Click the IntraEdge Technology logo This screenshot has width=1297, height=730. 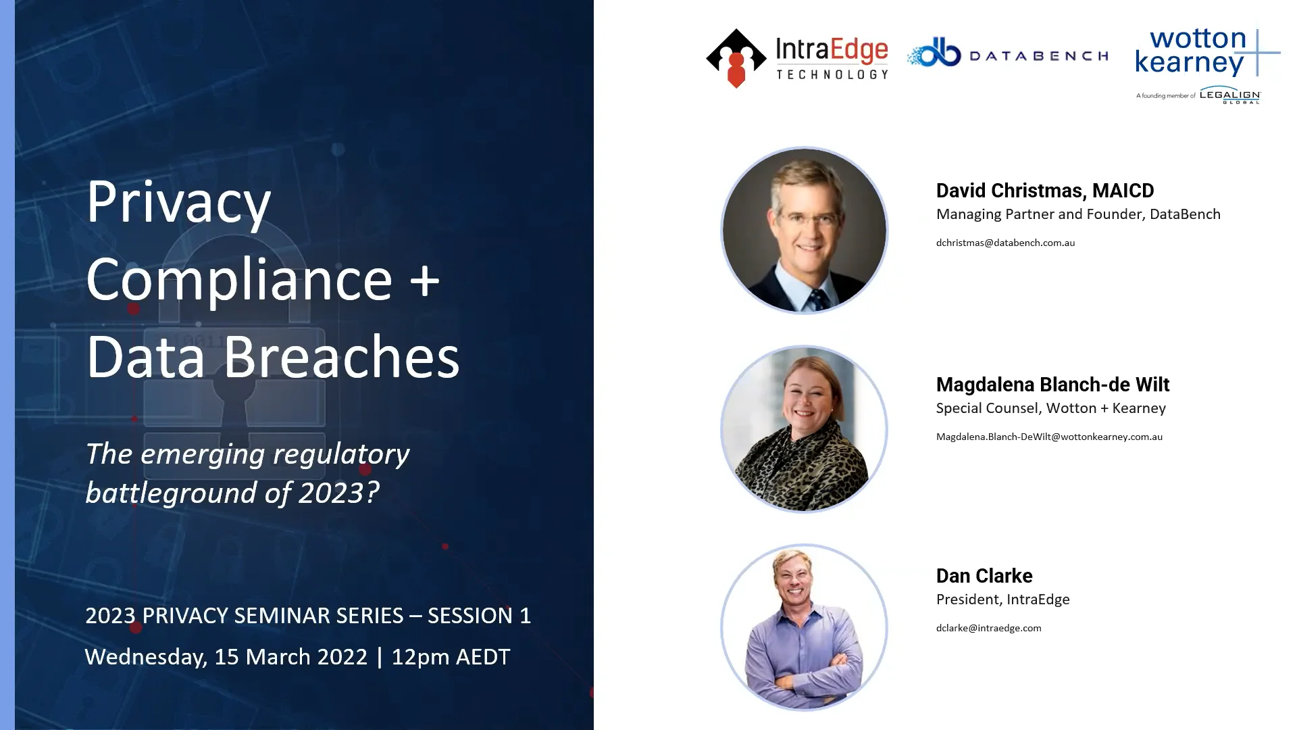[797, 58]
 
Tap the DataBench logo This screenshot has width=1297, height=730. [1007, 54]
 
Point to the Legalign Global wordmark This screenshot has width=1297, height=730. [1229, 95]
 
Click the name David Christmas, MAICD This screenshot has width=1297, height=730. [1044, 191]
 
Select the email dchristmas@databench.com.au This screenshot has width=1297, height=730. [1005, 243]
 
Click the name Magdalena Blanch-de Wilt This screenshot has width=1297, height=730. [1052, 385]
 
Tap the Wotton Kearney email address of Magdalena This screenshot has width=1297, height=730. [1049, 437]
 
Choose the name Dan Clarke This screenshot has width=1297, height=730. [984, 576]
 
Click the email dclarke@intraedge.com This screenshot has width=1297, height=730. [988, 628]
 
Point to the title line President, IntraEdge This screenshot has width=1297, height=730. [1002, 600]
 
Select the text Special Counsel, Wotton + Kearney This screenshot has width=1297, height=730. [1050, 408]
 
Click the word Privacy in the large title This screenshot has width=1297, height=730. [178, 203]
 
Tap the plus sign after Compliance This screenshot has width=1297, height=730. [425, 280]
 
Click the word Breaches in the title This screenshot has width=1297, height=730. [341, 357]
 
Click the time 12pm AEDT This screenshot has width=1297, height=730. [451, 657]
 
